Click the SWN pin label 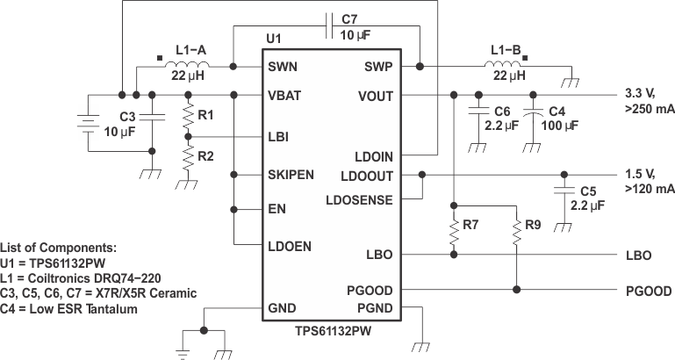pyautogui.click(x=282, y=67)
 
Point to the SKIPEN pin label pyautogui.click(x=291, y=176)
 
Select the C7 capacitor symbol pyautogui.click(x=327, y=26)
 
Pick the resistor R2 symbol pyautogui.click(x=188, y=159)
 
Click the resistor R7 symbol pyautogui.click(x=453, y=231)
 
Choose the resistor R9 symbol pyautogui.click(x=519, y=231)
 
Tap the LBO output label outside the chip pyautogui.click(x=638, y=256)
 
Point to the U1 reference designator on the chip pyautogui.click(x=274, y=40)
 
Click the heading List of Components pyautogui.click(x=59, y=248)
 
